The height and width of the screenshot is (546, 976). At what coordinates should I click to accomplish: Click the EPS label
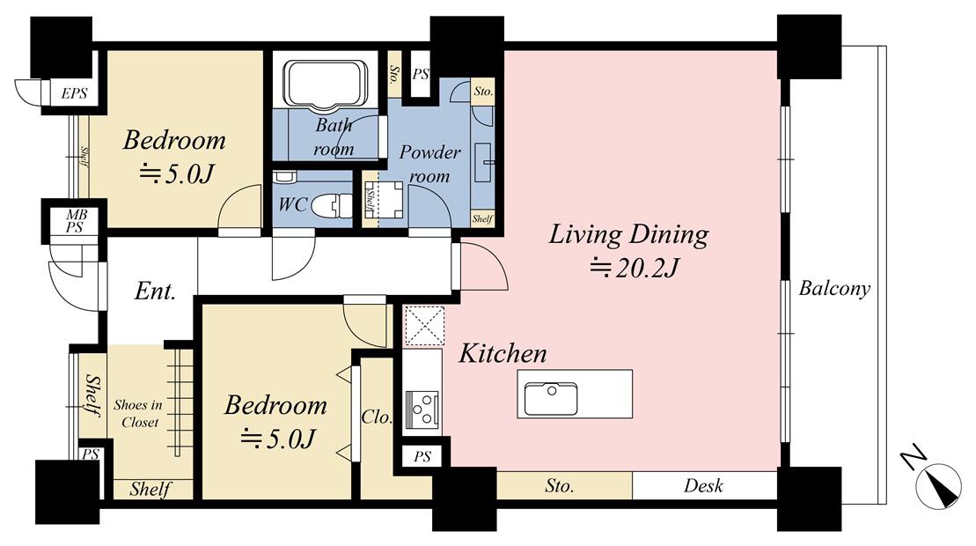pos(74,94)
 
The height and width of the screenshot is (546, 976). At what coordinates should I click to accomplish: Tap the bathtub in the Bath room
pos(326,85)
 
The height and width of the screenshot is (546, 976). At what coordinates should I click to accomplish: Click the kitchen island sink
pos(550,398)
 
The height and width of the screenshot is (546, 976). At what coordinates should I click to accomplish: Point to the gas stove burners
pos(422,407)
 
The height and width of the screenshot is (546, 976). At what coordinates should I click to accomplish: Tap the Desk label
pos(703,485)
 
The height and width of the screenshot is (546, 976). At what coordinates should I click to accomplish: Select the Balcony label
pos(834,288)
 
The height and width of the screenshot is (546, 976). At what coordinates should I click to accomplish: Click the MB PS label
pos(76,221)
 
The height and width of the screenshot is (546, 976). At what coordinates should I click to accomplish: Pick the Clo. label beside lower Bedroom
pos(377,417)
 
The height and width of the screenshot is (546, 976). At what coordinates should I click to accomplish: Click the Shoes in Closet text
pos(138,413)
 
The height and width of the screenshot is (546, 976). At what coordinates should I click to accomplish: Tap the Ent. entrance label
pos(155,291)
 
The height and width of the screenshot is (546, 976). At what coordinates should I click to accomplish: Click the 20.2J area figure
pos(634,268)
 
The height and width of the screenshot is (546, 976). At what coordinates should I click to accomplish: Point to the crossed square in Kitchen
pos(424,325)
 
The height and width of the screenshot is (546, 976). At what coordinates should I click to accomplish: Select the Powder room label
pos(429,164)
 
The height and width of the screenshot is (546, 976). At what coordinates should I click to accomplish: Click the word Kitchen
pos(503,354)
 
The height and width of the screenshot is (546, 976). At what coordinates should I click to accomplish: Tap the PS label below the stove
pos(422,457)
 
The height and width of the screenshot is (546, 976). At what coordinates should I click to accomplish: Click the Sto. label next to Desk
pos(559,485)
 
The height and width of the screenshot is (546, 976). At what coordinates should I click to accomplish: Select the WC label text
pos(293,203)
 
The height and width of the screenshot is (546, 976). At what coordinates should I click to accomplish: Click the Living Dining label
pos(628,235)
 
